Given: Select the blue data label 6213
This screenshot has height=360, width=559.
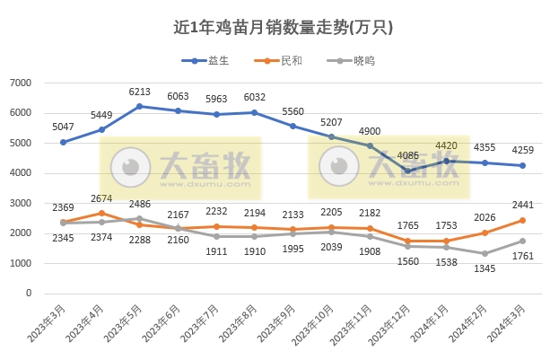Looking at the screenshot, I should [x=139, y=92].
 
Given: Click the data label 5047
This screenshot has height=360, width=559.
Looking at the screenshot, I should [x=63, y=127].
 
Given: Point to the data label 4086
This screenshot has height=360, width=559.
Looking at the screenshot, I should [x=407, y=155].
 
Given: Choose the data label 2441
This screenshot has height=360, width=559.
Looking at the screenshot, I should [x=522, y=205].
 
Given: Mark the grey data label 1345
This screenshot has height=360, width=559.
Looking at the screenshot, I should [x=485, y=268].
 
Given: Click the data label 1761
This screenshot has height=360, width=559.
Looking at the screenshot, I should [x=522, y=257].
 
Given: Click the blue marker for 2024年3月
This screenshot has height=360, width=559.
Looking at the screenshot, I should [x=522, y=165].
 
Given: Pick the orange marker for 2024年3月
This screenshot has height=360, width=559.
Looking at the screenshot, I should [x=522, y=220].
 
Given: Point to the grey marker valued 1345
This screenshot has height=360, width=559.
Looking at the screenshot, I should [x=484, y=253].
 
